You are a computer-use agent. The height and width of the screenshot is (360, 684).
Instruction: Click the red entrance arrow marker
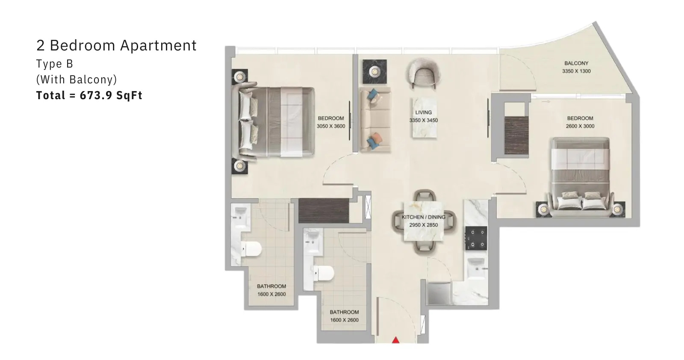click(x=395, y=340)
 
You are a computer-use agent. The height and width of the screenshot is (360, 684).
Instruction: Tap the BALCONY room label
click(x=576, y=63)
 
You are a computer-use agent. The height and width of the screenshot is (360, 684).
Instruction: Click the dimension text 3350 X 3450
click(x=424, y=120)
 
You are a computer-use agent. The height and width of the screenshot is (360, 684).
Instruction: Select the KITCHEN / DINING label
click(x=424, y=217)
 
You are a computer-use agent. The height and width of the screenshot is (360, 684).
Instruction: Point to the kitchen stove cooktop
click(x=476, y=238)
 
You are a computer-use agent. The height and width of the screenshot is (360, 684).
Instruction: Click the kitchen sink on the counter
click(x=476, y=268)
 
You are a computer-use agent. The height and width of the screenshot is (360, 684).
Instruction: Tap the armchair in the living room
click(x=423, y=74)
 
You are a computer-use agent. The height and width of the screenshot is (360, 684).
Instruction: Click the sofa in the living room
click(x=374, y=120)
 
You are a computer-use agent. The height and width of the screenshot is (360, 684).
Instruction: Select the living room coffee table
click(x=424, y=118)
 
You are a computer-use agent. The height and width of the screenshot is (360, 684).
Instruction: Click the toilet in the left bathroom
click(x=251, y=249)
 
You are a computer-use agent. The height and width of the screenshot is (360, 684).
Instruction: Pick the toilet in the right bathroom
click(x=324, y=273)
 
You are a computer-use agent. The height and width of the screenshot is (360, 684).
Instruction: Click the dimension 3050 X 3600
click(x=331, y=126)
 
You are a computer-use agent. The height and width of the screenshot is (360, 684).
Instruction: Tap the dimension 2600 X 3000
click(x=580, y=126)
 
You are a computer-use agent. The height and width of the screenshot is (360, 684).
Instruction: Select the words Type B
click(x=55, y=64)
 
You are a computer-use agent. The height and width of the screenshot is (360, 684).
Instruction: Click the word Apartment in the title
click(x=158, y=46)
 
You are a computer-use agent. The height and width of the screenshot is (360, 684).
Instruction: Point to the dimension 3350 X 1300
click(x=576, y=71)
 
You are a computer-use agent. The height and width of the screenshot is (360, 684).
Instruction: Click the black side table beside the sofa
click(x=374, y=72)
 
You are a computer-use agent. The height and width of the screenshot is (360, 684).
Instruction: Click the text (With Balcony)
click(x=77, y=80)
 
